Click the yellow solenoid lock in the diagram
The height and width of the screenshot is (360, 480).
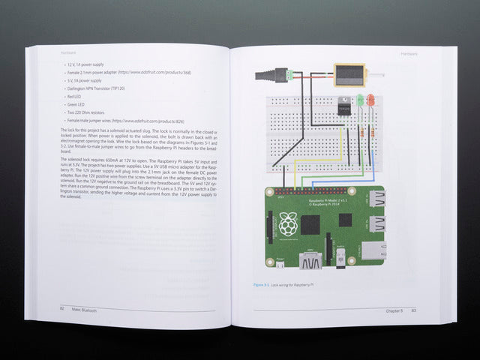(x=349, y=74)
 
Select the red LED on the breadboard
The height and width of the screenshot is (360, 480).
(x=361, y=100)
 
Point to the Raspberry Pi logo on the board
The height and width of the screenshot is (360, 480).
(x=286, y=223)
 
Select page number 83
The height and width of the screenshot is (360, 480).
(x=413, y=310)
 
